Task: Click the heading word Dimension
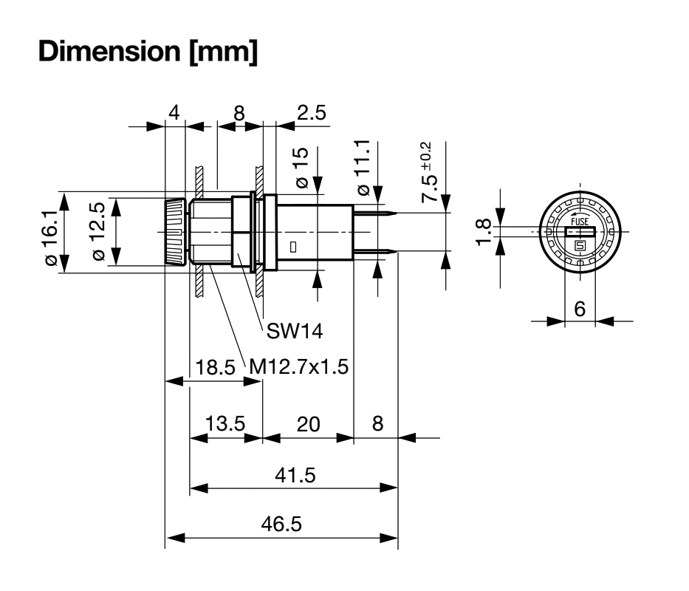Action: [x=109, y=52]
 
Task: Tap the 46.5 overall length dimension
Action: [x=281, y=524]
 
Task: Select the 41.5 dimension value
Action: [x=295, y=475]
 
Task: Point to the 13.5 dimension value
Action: [x=225, y=424]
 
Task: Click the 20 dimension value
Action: [x=308, y=424]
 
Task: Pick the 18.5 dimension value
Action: [x=215, y=367]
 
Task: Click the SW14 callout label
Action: [x=295, y=331]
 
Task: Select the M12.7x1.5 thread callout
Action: [x=299, y=366]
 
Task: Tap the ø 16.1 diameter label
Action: [x=52, y=238]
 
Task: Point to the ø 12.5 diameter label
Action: [x=98, y=231]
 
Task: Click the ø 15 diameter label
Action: [x=302, y=168]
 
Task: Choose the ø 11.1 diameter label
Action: [x=363, y=168]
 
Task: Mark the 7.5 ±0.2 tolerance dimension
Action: [x=428, y=172]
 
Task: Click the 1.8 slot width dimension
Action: [x=484, y=232]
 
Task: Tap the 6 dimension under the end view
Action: [x=580, y=309]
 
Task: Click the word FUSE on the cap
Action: [x=580, y=222]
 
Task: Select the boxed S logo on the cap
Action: [x=580, y=246]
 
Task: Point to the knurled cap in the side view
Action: [x=175, y=232]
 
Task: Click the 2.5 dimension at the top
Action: [x=312, y=112]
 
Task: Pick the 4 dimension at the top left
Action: [x=174, y=112]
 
